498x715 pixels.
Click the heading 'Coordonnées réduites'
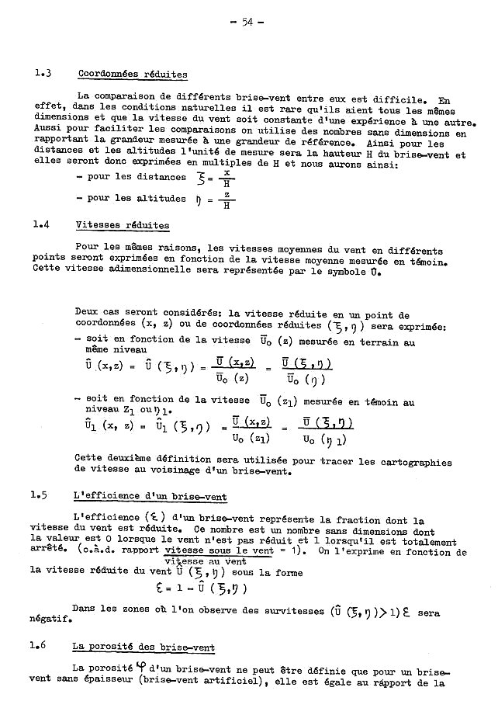click(133, 75)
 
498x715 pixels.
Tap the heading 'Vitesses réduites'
click(123, 225)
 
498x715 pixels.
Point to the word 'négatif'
click(54, 620)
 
